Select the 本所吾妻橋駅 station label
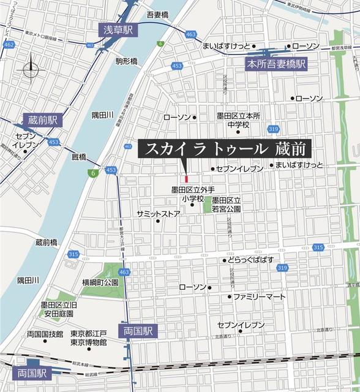click(276, 64)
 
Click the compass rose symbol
click(30, 69)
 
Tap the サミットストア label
click(159, 214)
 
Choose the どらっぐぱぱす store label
click(255, 260)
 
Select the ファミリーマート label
click(260, 296)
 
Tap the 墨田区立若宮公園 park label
click(227, 205)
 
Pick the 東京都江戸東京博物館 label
click(89, 338)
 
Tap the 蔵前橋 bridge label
click(46, 242)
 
